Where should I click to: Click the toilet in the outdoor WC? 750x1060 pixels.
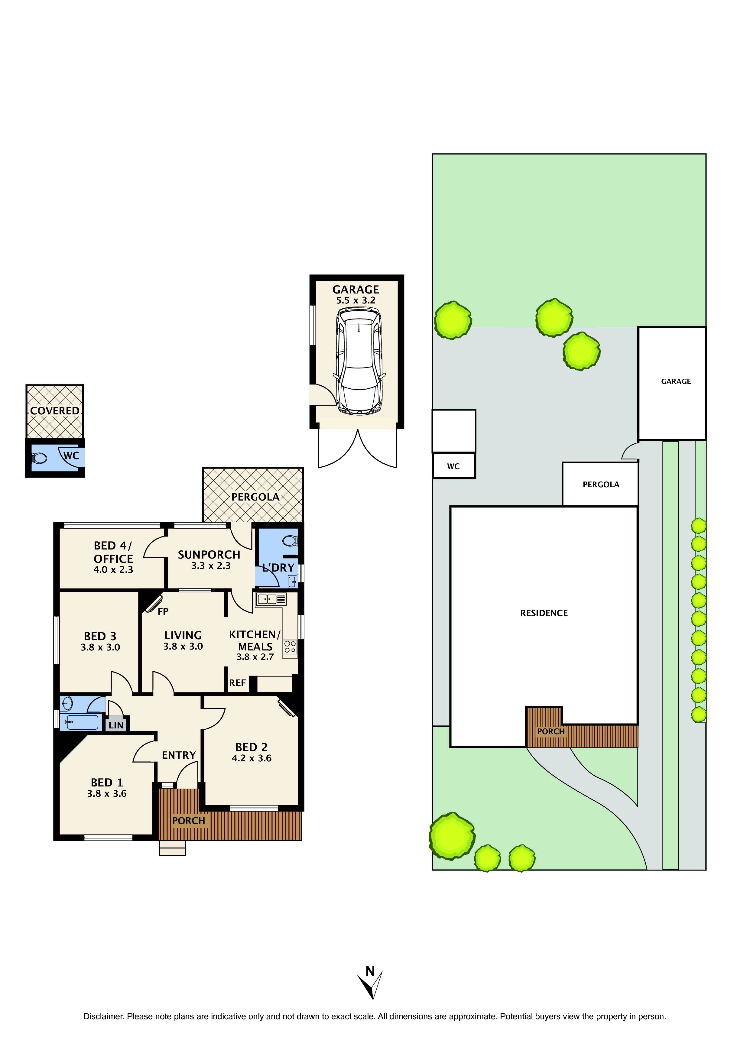click(39, 459)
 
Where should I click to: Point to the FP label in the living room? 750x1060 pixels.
click(163, 612)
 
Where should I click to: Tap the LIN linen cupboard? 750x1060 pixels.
click(116, 725)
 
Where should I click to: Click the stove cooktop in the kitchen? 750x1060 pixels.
click(290, 647)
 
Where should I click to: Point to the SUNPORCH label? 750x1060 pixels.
click(209, 554)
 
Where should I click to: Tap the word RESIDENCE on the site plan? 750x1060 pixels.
click(544, 613)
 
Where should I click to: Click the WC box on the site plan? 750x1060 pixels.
click(453, 466)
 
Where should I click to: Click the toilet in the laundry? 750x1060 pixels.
click(290, 540)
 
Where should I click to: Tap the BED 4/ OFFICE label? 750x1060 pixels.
click(113, 552)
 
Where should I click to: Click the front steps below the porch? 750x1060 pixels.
click(172, 848)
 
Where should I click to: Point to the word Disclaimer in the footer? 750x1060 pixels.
click(103, 1016)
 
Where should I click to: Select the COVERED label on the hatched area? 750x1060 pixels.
click(54, 410)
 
